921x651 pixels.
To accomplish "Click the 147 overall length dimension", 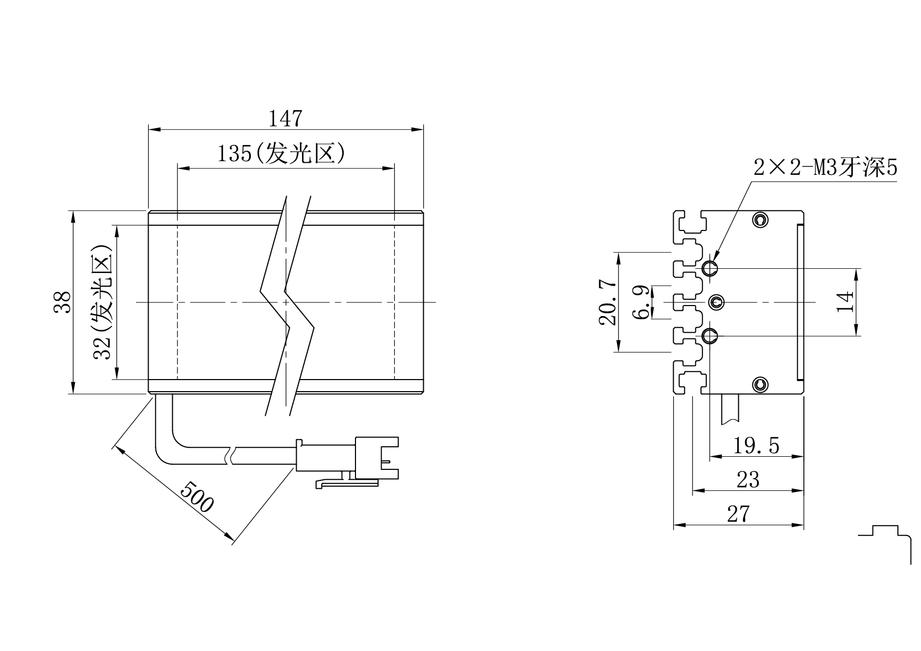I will tap(286, 118).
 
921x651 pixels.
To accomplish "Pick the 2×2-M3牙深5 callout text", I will tap(825, 168).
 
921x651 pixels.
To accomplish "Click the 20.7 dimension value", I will tap(607, 302).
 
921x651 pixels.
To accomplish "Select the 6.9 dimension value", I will tap(641, 302).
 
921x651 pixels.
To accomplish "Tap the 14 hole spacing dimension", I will tap(845, 302).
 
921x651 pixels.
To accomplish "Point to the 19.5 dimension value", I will tap(756, 446).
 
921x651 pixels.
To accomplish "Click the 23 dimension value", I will tap(748, 480).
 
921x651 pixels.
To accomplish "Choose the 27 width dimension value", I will tap(738, 514).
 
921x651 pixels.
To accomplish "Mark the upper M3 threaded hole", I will tap(710, 268).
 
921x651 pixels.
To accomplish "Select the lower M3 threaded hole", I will tap(710, 335).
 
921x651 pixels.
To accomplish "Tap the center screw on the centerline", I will tap(716, 302).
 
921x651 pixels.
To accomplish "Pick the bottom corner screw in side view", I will tap(760, 385).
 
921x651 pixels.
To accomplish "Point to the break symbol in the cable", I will tap(231, 456).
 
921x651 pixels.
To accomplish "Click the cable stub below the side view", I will tap(730, 409).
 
